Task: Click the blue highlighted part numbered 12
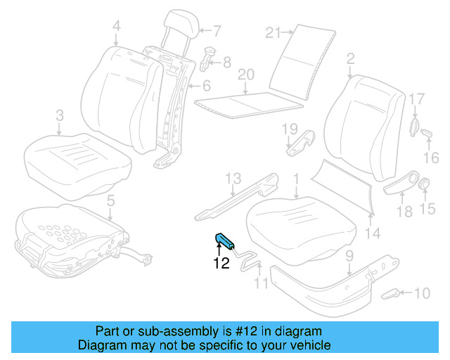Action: [x=225, y=241]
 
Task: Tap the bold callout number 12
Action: [x=221, y=264]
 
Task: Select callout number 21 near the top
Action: [x=274, y=32]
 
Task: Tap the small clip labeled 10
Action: [x=390, y=293]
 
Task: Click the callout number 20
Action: [x=245, y=75]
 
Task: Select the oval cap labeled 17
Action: [x=414, y=126]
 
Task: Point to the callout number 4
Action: [x=116, y=27]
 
